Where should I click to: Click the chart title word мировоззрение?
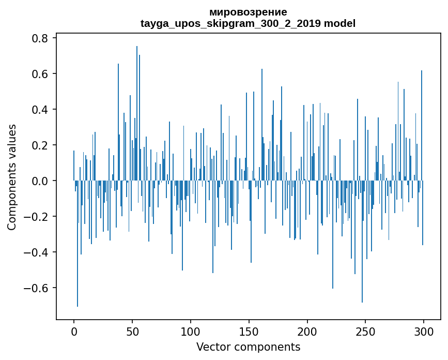pos(248,12)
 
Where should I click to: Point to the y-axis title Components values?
pos(12,177)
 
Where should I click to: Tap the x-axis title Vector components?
pos(248,347)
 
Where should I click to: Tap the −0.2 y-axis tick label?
pos(37,217)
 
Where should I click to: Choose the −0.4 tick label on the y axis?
pos(37,252)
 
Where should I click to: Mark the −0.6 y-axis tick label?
pos(37,288)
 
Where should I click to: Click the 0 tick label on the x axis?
pos(74,331)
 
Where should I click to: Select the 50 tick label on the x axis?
pos(132,331)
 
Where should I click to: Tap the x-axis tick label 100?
pos(191,331)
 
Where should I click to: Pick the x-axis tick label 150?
pos(249,331)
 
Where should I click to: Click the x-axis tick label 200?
pos(307,331)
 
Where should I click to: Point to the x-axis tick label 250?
pos(366,331)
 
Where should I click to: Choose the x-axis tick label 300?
pos(424,331)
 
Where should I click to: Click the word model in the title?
pos(340,23)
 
